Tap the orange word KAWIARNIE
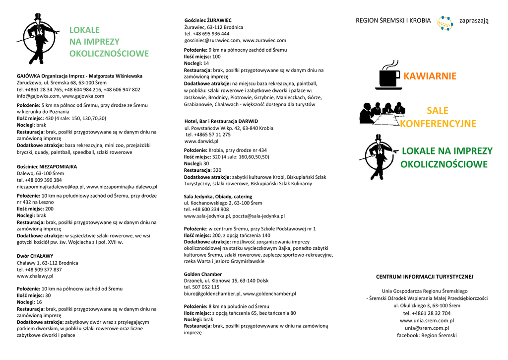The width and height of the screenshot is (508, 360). click(430, 76)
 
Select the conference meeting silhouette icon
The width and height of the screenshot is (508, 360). click(382, 113)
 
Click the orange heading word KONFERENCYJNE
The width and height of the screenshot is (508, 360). click(438, 124)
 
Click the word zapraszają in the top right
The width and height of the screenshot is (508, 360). click(474, 20)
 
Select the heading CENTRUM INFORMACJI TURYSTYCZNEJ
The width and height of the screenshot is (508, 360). click(424, 277)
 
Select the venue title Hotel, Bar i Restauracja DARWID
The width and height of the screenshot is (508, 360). click(221, 121)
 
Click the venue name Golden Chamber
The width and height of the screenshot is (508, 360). click(203, 274)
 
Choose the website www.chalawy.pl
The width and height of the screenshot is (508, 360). click(35, 276)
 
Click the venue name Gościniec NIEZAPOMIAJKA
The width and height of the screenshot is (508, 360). click(47, 167)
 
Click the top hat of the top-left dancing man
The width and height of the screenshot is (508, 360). click(38, 17)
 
